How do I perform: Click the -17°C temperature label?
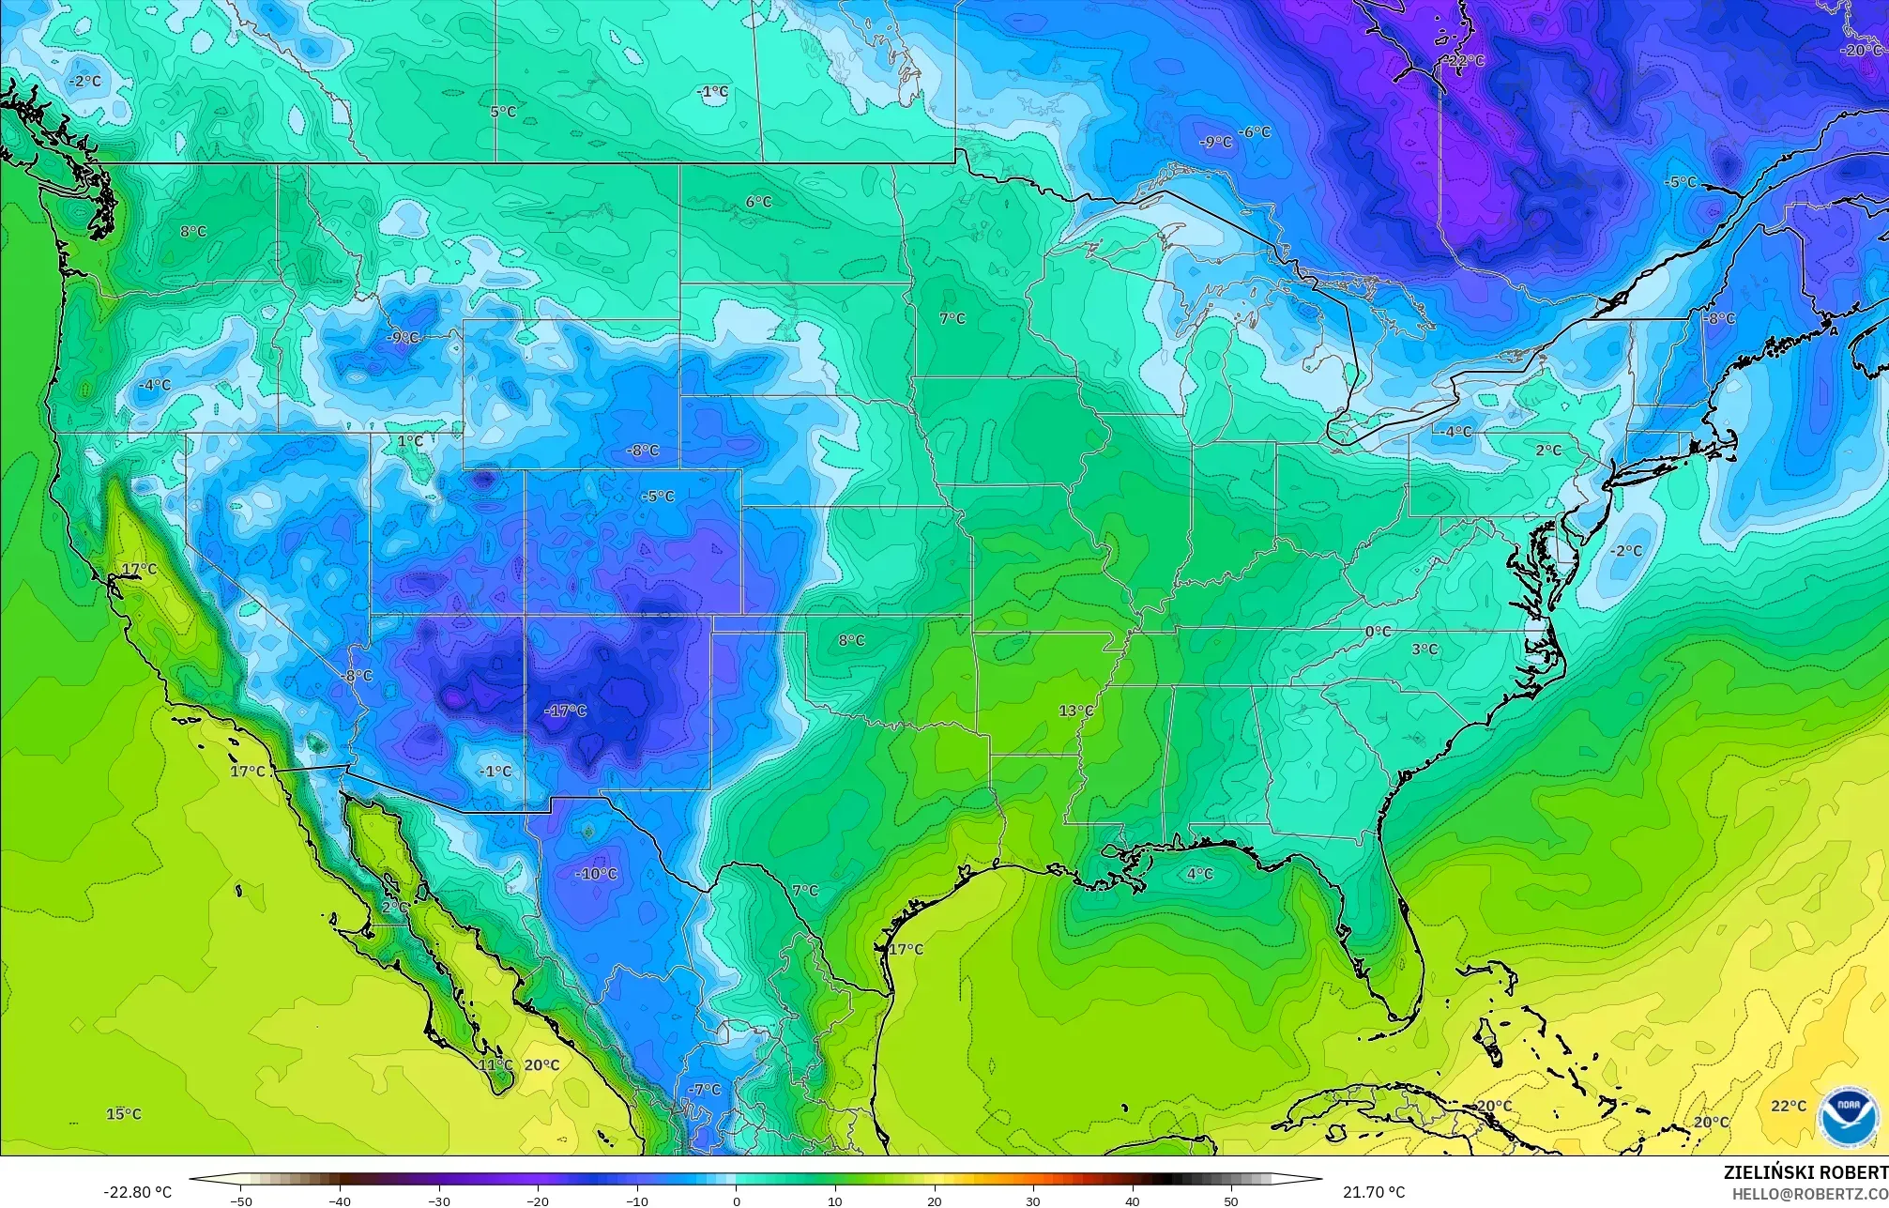point(566,711)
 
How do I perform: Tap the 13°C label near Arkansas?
point(1076,711)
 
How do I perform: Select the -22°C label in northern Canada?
point(1465,61)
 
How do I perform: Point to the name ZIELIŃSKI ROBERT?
point(1805,1172)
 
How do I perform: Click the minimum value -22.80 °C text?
point(137,1192)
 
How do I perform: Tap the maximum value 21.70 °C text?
point(1374,1192)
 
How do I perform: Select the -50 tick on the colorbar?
point(241,1200)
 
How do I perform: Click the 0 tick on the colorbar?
point(737,1200)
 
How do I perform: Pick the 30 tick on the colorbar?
point(1033,1200)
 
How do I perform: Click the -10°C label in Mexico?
point(596,874)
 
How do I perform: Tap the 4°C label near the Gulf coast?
point(1199,874)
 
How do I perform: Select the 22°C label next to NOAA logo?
point(1789,1106)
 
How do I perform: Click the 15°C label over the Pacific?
point(124,1114)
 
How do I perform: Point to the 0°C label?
point(1378,632)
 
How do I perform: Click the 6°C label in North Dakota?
point(758,202)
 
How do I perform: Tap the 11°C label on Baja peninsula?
point(495,1065)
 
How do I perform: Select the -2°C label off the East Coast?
point(1626,551)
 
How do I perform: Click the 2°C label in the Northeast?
point(1548,451)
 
